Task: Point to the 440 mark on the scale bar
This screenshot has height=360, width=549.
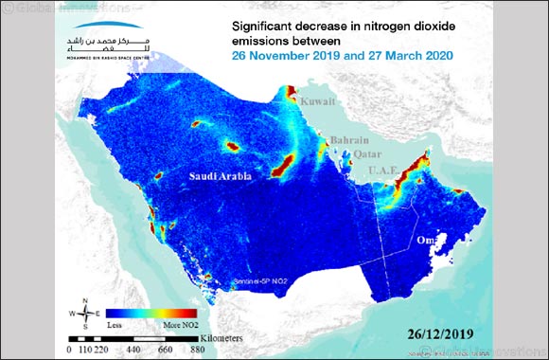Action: (139, 349)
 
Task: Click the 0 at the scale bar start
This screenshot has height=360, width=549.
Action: (71, 349)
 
